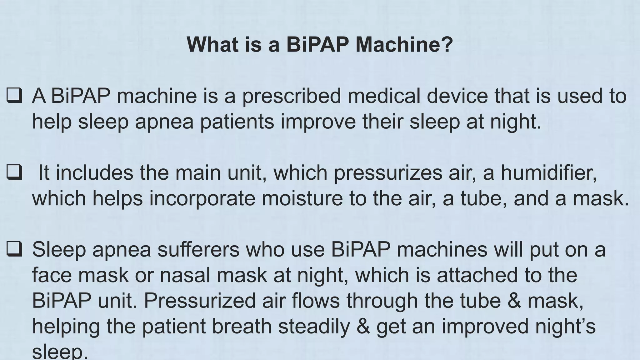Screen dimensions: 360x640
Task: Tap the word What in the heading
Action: pyautogui.click(x=212, y=44)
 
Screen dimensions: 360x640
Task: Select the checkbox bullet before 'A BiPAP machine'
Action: pyautogui.click(x=14, y=96)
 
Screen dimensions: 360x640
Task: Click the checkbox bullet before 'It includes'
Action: pyautogui.click(x=14, y=172)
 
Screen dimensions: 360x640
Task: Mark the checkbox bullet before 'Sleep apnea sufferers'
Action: pyautogui.click(x=14, y=249)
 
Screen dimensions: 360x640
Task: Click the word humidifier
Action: pyautogui.click(x=548, y=172)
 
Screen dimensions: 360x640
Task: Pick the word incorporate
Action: pyautogui.click(x=202, y=199)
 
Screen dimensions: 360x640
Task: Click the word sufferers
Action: pyautogui.click(x=198, y=249)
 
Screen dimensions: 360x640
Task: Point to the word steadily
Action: pyautogui.click(x=314, y=326)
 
